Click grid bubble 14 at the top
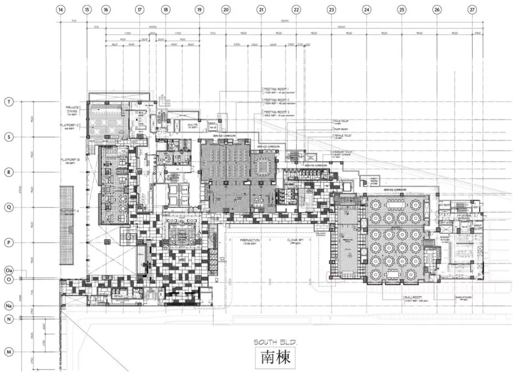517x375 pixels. (61, 9)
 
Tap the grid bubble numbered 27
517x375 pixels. (472, 9)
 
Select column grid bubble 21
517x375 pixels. (262, 9)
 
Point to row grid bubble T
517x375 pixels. (8, 102)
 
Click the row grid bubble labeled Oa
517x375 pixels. (8, 271)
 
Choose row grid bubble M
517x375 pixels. (8, 352)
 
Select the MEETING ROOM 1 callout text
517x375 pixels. (277, 88)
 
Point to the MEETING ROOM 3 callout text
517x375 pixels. (277, 112)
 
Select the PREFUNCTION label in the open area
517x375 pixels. (250, 241)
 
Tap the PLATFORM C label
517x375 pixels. (72, 125)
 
